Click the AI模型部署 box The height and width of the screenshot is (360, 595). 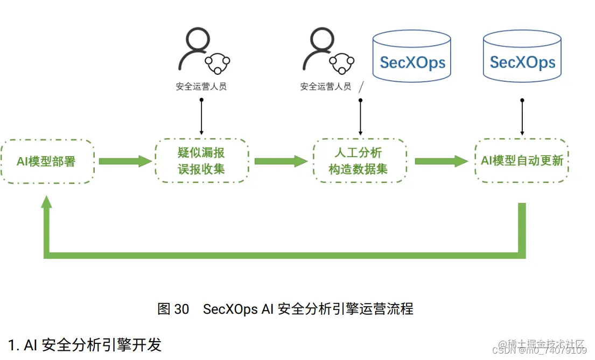pos(47,161)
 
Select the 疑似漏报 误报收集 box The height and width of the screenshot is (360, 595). pos(201,161)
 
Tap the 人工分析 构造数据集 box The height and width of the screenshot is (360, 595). pos(360,161)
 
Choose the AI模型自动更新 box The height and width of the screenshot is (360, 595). pos(521,161)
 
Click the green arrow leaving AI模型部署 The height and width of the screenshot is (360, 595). pos(124,161)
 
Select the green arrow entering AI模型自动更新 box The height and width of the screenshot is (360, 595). pos(440,161)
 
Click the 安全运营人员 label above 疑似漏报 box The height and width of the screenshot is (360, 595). pos(201,87)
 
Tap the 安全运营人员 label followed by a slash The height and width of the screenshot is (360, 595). pos(326,87)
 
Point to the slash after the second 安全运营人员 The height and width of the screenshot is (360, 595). pos(361,87)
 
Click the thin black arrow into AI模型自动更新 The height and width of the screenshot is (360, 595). pos(521,117)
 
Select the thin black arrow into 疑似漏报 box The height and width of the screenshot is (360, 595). pos(201,117)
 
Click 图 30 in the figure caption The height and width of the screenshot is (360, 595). pos(173,309)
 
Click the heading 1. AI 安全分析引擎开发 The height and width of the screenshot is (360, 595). pos(85,344)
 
